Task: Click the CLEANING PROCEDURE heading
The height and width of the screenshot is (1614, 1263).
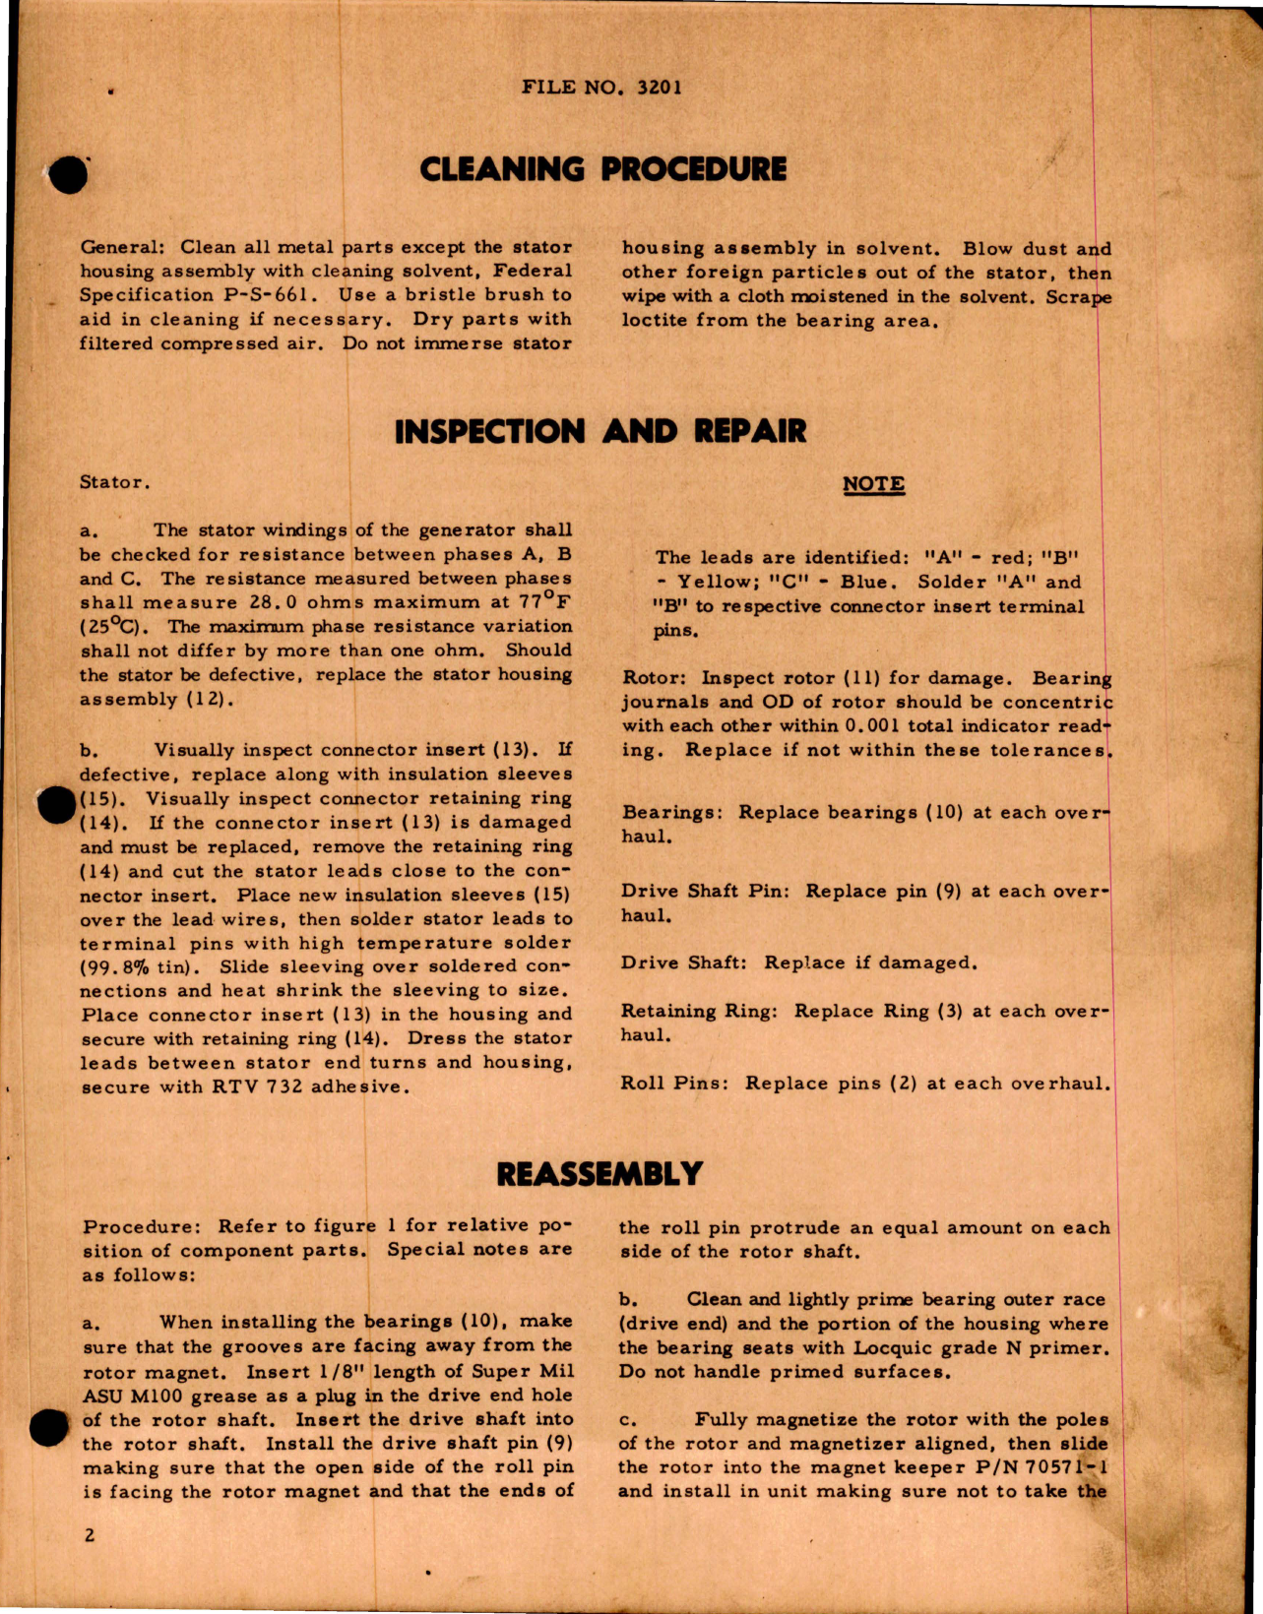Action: (x=602, y=170)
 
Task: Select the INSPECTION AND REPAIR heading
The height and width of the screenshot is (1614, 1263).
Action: (x=600, y=432)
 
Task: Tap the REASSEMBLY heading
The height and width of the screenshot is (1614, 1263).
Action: (x=600, y=1174)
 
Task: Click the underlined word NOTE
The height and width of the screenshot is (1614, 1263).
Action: (x=873, y=484)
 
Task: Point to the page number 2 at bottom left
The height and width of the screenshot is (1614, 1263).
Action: (x=90, y=1535)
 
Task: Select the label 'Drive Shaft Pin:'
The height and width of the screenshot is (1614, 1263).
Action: (x=705, y=892)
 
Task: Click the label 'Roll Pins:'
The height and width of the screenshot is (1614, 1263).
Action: (x=674, y=1084)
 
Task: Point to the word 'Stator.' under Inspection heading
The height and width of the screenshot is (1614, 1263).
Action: (x=115, y=482)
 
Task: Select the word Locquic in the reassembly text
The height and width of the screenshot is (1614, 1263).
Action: (x=892, y=1348)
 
